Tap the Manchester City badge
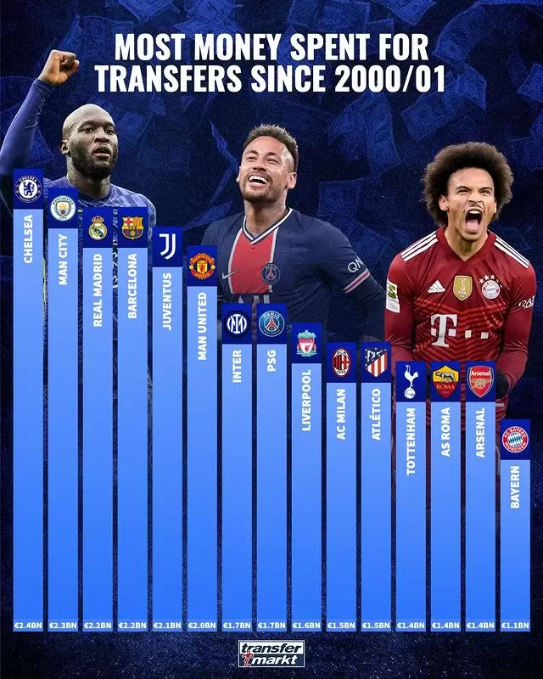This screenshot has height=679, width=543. pyautogui.click(x=63, y=209)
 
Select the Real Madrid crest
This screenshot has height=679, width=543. pyautogui.click(x=98, y=228)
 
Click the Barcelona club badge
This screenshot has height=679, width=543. pyautogui.click(x=132, y=227)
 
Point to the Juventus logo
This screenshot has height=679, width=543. pyautogui.click(x=167, y=247)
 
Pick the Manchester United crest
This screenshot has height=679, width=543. pyautogui.click(x=202, y=266)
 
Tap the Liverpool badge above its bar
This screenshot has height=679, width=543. pyautogui.click(x=306, y=344)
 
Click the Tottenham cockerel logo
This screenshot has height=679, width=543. pyautogui.click(x=411, y=381)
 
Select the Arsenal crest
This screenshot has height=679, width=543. pyautogui.click(x=480, y=381)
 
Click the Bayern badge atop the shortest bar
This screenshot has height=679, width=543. pyautogui.click(x=515, y=440)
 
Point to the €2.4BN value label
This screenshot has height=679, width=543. pyautogui.click(x=28, y=626)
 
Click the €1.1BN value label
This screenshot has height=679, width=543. pyautogui.click(x=515, y=626)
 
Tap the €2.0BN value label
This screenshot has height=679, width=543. pyautogui.click(x=202, y=626)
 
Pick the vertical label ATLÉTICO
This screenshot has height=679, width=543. pyautogui.click(x=376, y=412)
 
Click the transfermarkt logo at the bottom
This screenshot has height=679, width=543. pyautogui.click(x=271, y=654)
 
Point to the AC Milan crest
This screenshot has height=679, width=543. pyautogui.click(x=341, y=362)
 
